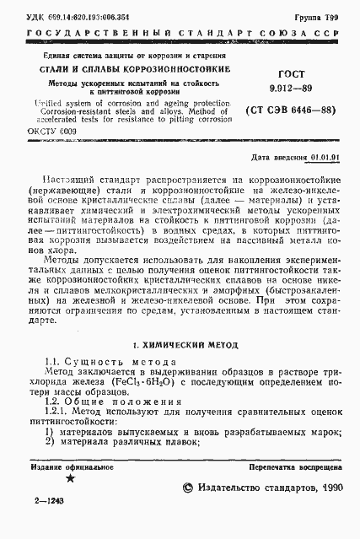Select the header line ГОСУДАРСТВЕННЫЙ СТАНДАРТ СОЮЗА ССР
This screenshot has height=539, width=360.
click(180, 35)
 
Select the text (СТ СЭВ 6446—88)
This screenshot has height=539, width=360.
click(289, 110)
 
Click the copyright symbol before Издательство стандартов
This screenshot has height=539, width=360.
click(189, 488)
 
